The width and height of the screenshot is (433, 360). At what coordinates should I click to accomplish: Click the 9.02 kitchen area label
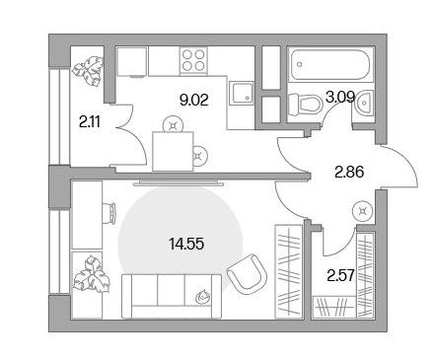[194, 100]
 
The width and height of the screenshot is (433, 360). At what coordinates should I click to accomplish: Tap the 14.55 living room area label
[186, 244]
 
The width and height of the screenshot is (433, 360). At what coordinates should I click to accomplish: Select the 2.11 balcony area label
[90, 122]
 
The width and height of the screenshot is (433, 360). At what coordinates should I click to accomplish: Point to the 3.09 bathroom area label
[340, 97]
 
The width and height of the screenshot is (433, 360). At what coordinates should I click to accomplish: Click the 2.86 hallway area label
[349, 172]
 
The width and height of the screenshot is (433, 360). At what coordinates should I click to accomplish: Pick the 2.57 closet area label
[341, 275]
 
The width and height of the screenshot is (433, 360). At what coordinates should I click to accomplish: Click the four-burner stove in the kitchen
[193, 61]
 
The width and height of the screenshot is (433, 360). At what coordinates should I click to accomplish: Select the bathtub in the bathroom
[330, 64]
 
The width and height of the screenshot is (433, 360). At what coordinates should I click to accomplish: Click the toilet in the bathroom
[305, 105]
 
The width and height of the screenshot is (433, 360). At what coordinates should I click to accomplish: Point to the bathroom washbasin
[364, 103]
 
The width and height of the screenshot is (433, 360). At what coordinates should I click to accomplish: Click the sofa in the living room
[172, 296]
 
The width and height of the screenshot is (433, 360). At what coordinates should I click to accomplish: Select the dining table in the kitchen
[173, 151]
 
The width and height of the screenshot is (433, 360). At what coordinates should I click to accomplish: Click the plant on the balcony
[88, 71]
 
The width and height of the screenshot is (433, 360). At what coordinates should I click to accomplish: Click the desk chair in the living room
[109, 213]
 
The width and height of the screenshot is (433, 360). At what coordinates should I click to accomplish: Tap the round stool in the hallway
[363, 211]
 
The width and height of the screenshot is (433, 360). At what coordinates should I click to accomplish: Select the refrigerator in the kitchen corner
[131, 62]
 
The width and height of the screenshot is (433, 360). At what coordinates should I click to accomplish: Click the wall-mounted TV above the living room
[180, 182]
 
